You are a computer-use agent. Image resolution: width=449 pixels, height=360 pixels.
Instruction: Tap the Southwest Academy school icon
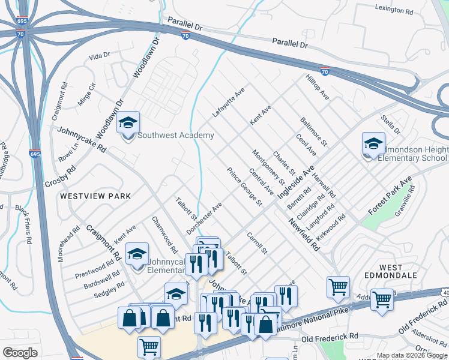click(128, 124)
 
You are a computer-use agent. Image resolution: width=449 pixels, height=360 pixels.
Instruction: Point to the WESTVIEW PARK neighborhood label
click(95, 196)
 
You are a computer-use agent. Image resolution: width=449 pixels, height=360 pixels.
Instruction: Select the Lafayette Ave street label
click(229, 103)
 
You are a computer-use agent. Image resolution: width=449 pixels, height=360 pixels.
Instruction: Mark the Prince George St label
click(244, 187)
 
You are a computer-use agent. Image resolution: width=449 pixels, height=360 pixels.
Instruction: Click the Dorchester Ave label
click(204, 218)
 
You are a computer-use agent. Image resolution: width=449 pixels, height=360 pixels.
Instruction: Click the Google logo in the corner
click(20, 353)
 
